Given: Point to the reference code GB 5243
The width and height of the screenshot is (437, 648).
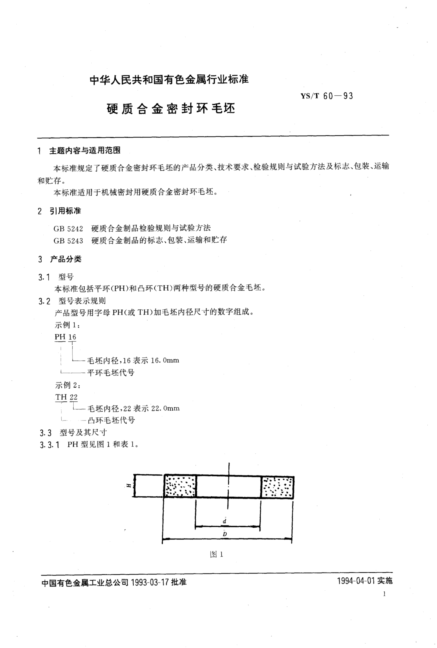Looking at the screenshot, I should click(68, 240).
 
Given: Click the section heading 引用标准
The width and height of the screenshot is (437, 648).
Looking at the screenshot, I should click(65, 211).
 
